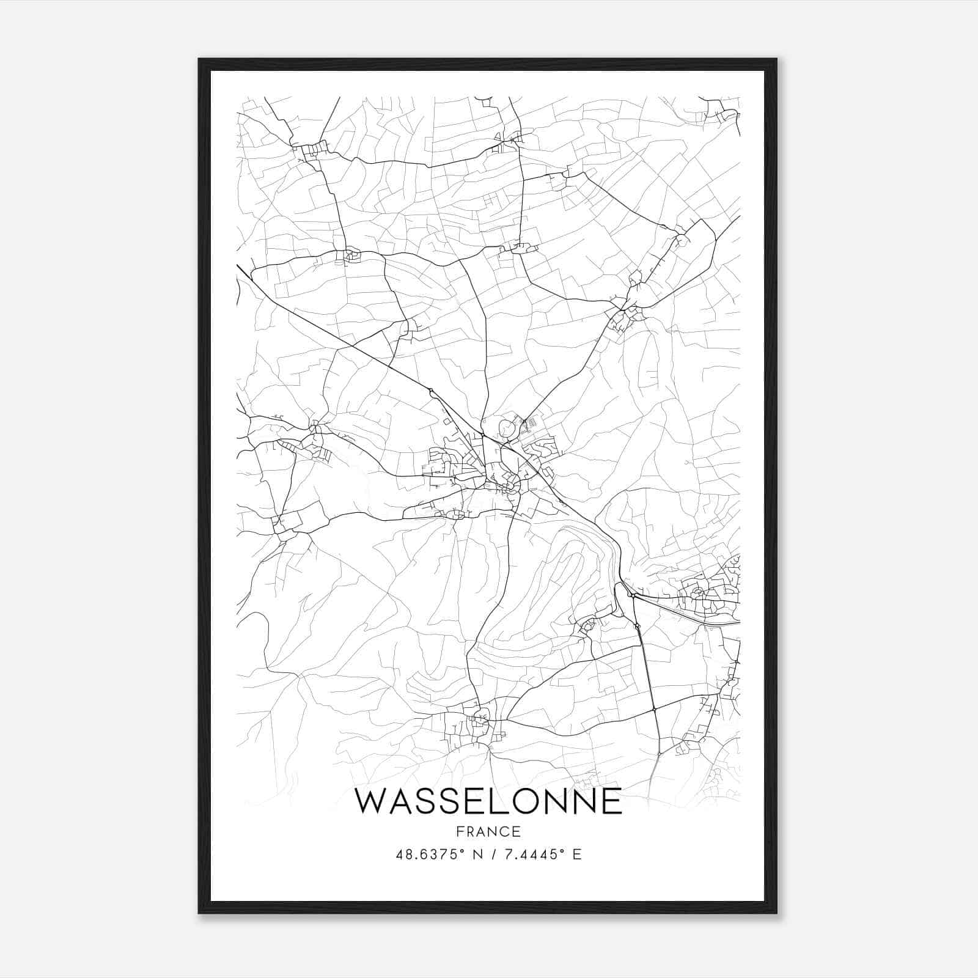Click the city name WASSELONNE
click(x=488, y=801)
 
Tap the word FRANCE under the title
click(x=488, y=832)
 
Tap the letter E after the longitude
click(x=576, y=855)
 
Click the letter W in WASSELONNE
click(x=372, y=801)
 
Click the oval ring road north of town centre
click(x=507, y=428)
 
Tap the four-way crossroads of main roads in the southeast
click(x=654, y=709)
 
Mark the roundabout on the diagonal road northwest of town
click(x=431, y=391)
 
